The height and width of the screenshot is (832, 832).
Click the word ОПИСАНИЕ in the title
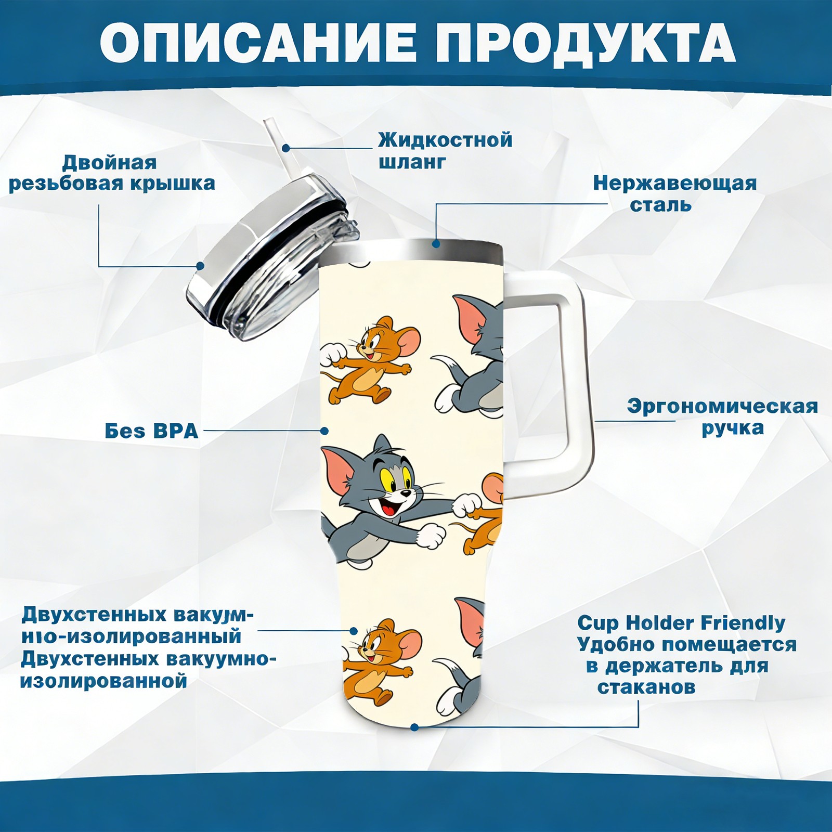[x=258, y=43]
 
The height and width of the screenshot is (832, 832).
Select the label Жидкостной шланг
[x=445, y=151]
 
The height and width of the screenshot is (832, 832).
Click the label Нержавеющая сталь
[x=675, y=194]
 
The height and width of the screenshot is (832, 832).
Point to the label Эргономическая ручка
[x=723, y=417]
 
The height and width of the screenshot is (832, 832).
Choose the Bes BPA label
[x=151, y=431]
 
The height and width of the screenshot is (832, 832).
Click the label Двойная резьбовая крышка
[x=112, y=173]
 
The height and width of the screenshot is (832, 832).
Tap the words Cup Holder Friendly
[x=681, y=623]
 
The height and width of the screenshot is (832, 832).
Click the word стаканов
[x=646, y=687]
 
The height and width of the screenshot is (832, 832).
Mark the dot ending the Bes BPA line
[x=324, y=431]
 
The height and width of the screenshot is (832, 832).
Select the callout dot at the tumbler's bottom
[x=414, y=727]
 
